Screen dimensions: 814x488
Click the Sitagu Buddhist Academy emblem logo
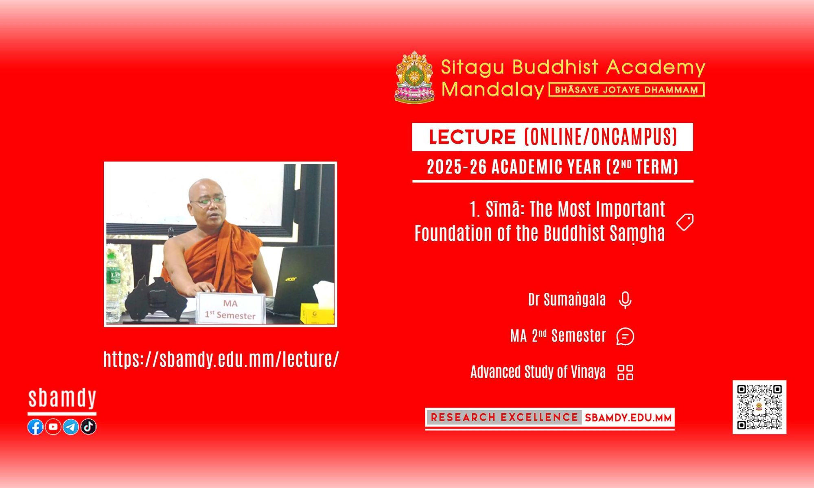415,77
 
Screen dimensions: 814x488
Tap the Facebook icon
35,427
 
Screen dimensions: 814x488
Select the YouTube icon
53,427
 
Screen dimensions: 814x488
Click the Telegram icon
71,427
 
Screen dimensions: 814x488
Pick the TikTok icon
88,427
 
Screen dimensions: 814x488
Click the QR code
759,407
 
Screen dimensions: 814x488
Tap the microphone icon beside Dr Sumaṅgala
625,301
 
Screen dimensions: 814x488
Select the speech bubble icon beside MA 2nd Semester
625,336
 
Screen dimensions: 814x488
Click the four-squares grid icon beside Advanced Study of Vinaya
625,372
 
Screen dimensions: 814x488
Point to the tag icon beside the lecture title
685,222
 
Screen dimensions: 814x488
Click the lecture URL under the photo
221,359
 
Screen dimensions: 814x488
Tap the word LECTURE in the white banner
472,137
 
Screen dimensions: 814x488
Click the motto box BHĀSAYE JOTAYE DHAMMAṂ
627,90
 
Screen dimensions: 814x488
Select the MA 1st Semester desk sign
230,309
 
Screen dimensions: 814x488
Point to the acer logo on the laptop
291,279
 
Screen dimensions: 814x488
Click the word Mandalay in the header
493,89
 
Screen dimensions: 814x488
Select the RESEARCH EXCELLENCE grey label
504,417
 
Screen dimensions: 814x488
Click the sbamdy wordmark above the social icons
62,399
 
